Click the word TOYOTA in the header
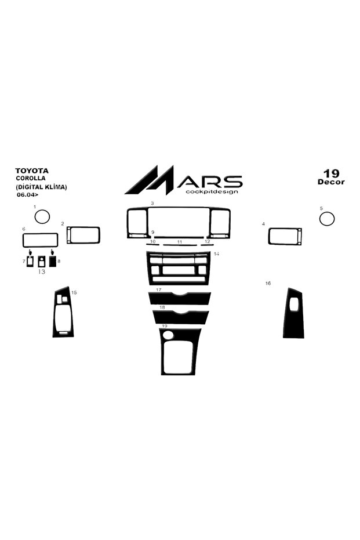point(32,171)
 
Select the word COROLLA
point(31,179)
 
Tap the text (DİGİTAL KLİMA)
point(41,187)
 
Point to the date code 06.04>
point(28,194)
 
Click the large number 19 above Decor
point(331,173)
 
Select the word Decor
point(331,182)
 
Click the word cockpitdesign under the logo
point(212,191)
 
